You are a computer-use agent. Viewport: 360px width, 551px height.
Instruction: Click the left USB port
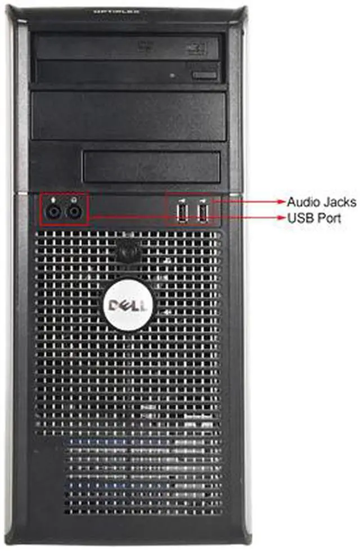[183, 212]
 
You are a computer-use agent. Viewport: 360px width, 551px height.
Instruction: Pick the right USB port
[202, 212]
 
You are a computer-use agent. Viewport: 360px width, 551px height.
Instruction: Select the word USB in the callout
[298, 218]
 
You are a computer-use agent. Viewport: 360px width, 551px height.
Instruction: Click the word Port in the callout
[328, 218]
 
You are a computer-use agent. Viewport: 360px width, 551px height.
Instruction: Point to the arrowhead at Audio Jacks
[282, 201]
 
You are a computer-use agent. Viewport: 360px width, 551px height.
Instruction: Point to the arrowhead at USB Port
[282, 217]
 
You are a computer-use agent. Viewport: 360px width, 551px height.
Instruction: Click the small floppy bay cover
[151, 166]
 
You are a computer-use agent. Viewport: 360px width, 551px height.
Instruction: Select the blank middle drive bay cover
[129, 116]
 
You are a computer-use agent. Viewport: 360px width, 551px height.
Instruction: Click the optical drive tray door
[127, 47]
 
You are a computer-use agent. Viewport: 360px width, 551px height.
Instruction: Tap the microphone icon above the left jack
[53, 199]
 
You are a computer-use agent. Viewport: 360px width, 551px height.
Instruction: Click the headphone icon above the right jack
[73, 199]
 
